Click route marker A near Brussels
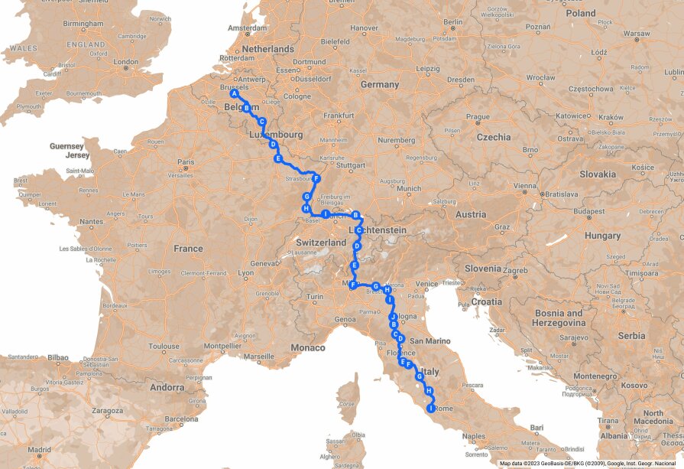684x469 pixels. pyautogui.click(x=235, y=94)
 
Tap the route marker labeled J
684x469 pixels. pyautogui.click(x=392, y=316)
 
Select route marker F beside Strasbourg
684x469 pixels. pyautogui.click(x=316, y=179)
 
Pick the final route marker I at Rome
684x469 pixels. pyautogui.click(x=431, y=409)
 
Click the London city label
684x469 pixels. pyautogui.click(x=125, y=62)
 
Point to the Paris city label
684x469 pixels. pyautogui.click(x=186, y=162)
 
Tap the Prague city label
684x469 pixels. pyautogui.click(x=478, y=117)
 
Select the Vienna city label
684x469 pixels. pyautogui.click(x=524, y=186)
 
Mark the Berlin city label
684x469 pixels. pyautogui.click(x=453, y=22)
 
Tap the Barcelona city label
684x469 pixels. pyautogui.click(x=181, y=419)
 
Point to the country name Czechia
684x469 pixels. pyautogui.click(x=494, y=138)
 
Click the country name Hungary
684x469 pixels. pyautogui.click(x=603, y=236)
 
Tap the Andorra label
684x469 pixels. pyautogui.click(x=166, y=387)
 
